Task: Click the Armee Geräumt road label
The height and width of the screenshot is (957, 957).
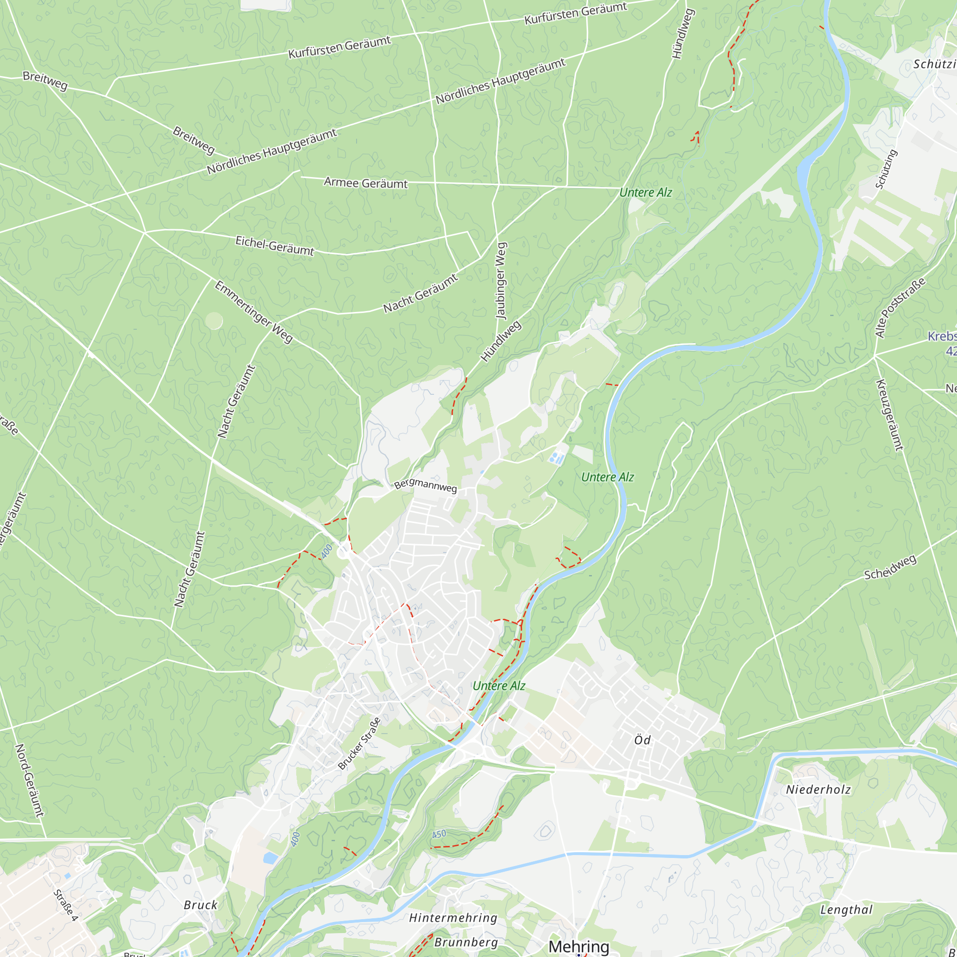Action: (366, 183)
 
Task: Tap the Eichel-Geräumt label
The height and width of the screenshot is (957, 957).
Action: (274, 245)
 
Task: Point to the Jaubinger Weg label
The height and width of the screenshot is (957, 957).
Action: (501, 280)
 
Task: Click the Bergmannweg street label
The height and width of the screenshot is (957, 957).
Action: (425, 485)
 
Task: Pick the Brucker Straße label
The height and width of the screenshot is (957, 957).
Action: (360, 744)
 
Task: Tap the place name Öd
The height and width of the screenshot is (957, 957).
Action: (643, 740)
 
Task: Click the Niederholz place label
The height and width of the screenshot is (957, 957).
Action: (818, 790)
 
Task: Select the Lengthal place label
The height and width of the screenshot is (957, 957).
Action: (846, 910)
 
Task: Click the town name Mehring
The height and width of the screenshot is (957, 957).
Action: (579, 946)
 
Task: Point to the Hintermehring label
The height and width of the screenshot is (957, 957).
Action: (453, 918)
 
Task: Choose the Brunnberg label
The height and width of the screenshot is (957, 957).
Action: (466, 942)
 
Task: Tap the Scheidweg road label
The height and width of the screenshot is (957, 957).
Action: (890, 568)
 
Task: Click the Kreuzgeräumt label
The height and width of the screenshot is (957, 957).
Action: (890, 415)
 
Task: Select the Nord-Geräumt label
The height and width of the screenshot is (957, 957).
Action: (29, 780)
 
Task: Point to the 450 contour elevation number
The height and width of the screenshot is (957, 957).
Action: (439, 834)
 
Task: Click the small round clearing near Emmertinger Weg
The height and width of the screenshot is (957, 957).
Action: (213, 321)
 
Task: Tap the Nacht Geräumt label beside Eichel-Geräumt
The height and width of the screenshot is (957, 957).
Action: (421, 294)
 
